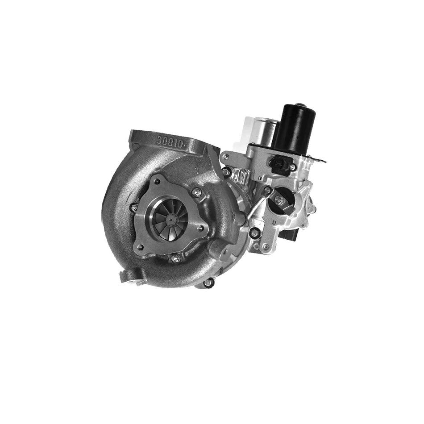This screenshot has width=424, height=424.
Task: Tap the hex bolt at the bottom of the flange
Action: point(175,258)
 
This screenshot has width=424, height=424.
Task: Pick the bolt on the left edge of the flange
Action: point(134,207)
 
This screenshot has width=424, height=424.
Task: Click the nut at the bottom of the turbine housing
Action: point(208,282)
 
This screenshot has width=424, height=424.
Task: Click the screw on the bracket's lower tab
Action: point(266,246)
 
